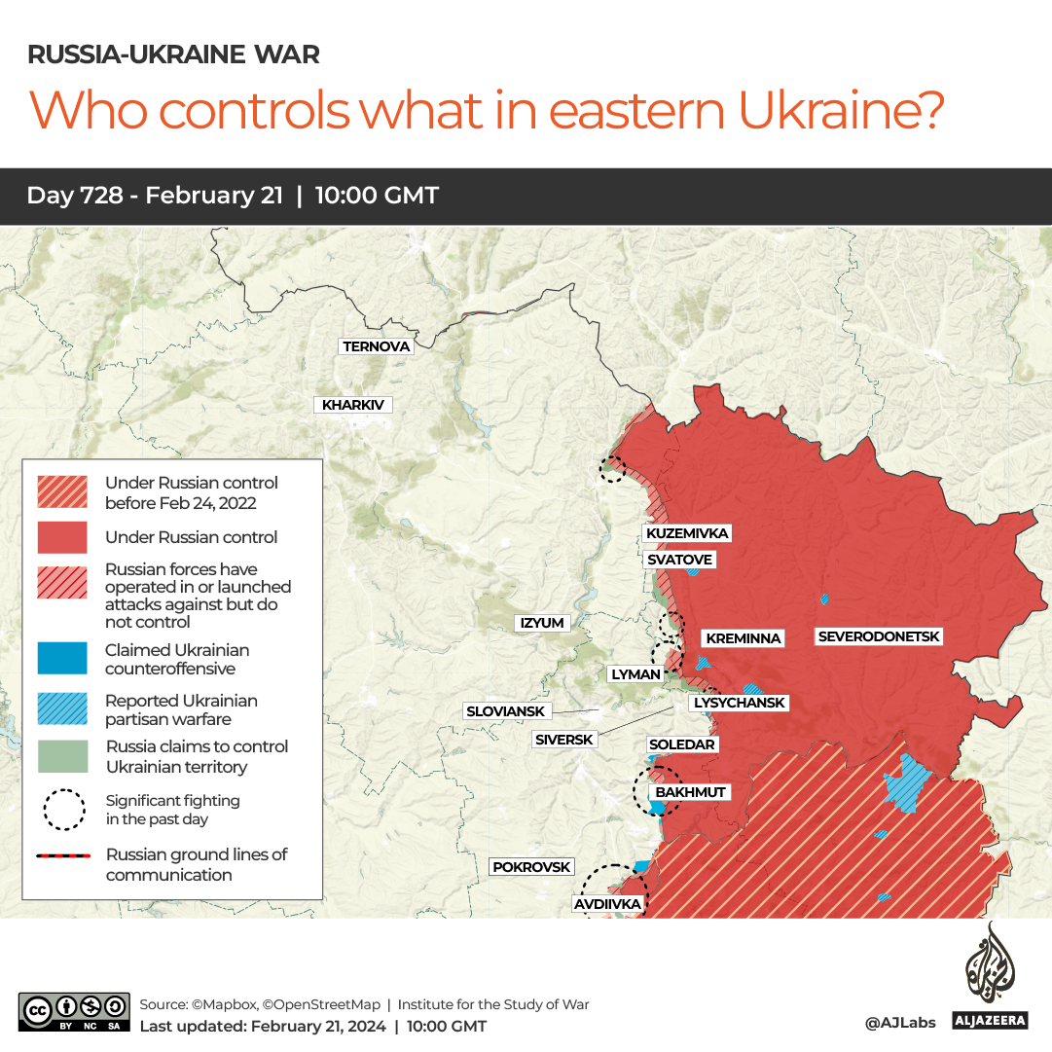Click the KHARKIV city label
352,405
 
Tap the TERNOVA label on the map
377,346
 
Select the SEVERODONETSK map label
879,636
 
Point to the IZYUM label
542,623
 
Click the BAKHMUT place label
690,792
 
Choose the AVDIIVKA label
607,905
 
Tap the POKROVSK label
530,867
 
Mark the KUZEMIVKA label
687,533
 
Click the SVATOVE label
680,560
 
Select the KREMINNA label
744,638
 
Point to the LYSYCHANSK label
738,703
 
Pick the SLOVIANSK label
506,711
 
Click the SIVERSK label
564,740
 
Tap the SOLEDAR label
682,744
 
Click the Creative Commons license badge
74,1012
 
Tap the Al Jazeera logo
990,978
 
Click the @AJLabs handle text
899,1023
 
